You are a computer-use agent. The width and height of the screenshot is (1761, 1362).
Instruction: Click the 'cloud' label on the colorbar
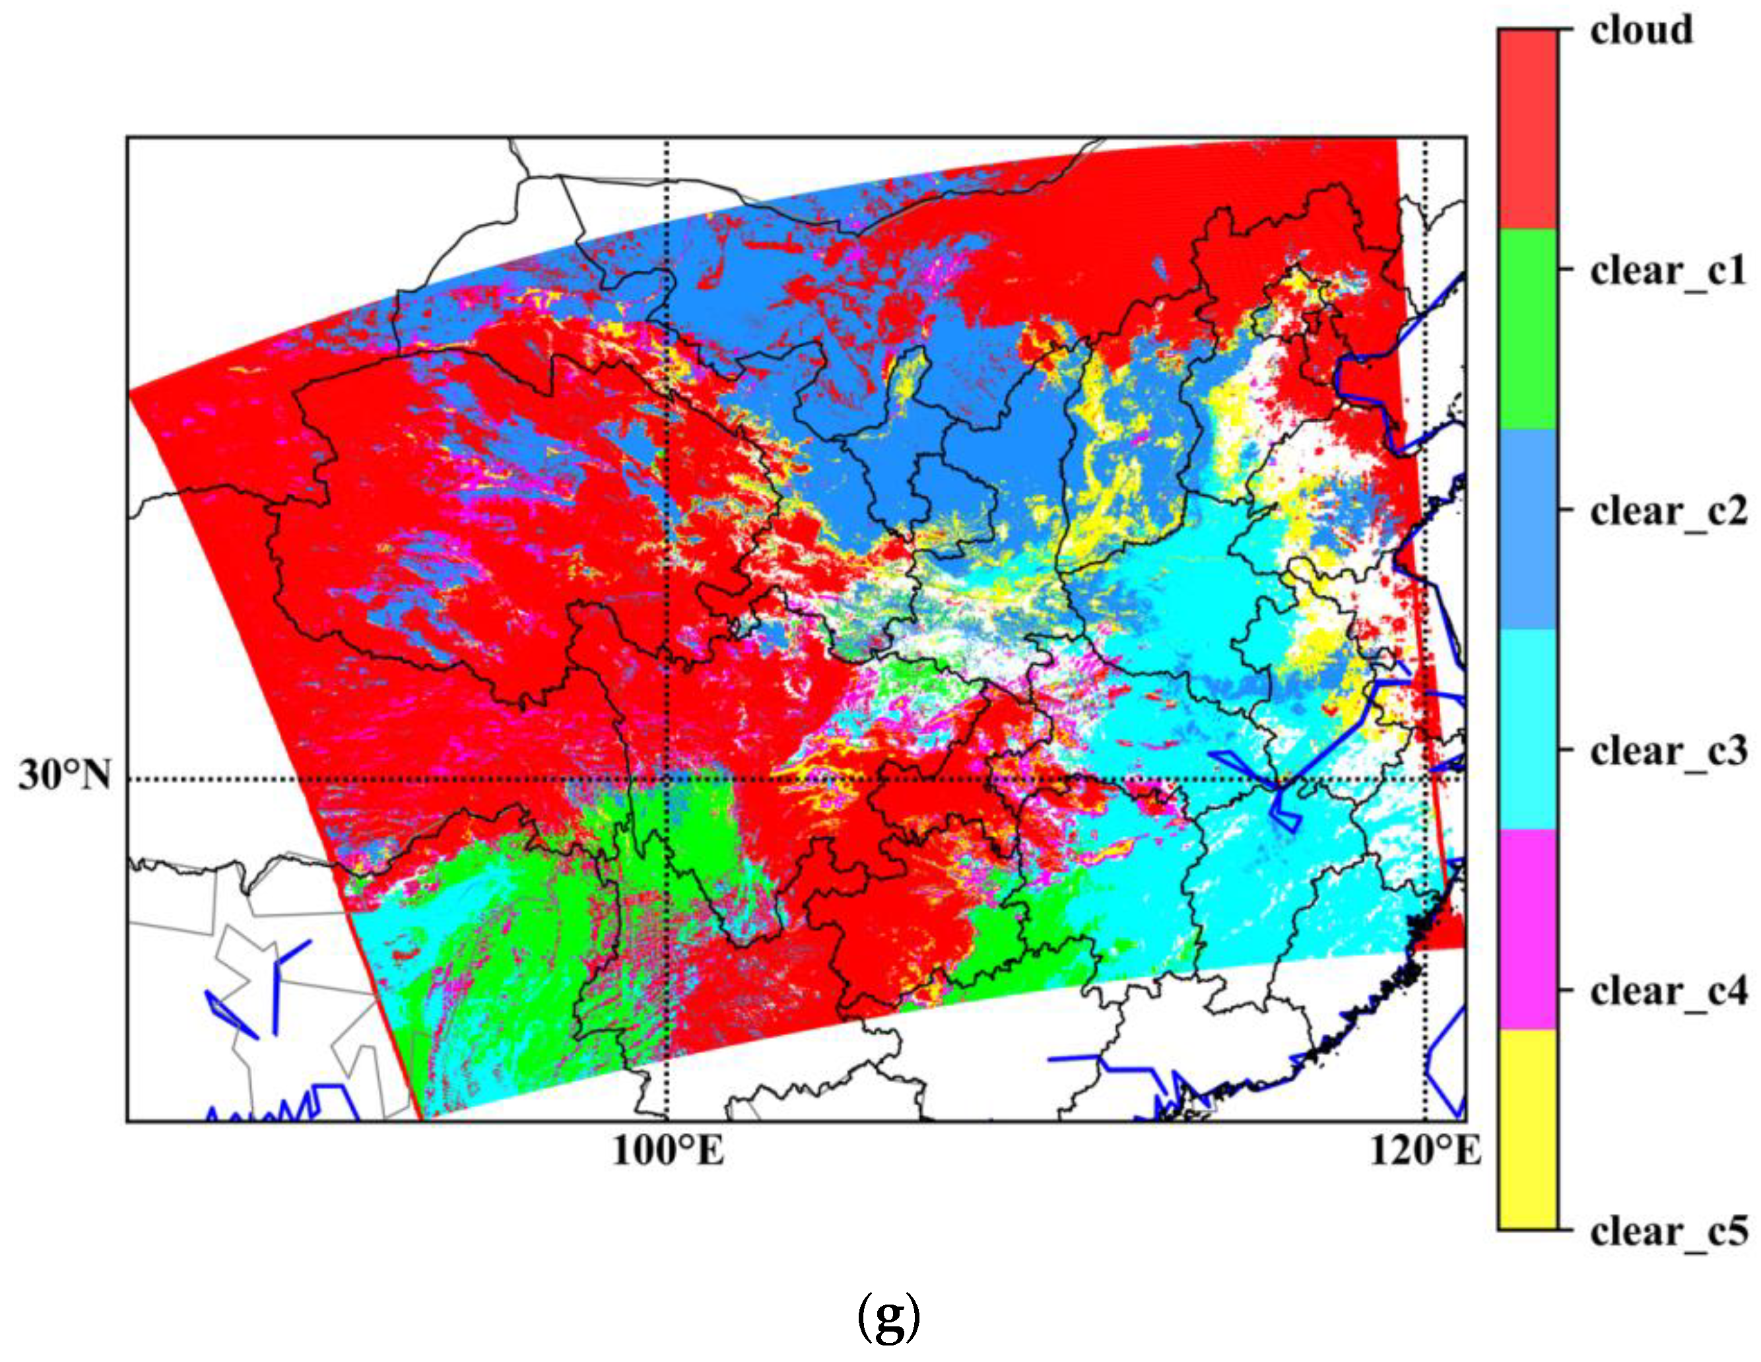1642,30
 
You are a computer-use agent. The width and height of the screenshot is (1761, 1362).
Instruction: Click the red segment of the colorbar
1528,129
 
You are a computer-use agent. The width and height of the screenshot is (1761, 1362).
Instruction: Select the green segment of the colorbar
1528,329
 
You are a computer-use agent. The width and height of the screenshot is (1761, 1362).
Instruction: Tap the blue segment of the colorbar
1528,529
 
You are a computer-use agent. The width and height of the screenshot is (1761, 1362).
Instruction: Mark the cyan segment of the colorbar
1528,729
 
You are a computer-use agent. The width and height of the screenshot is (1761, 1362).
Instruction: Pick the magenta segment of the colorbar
1528,929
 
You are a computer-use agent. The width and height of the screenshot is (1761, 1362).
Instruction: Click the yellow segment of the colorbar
1528,1129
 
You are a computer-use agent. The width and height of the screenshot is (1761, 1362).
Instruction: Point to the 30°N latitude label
65,776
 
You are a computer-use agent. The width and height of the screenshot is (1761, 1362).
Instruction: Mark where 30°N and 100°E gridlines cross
667,780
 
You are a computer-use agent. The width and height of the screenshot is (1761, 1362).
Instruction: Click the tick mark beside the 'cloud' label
1565,30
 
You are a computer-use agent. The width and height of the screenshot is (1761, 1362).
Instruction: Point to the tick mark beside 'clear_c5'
1565,1230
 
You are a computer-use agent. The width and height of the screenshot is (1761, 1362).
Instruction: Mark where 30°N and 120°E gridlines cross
1426,780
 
